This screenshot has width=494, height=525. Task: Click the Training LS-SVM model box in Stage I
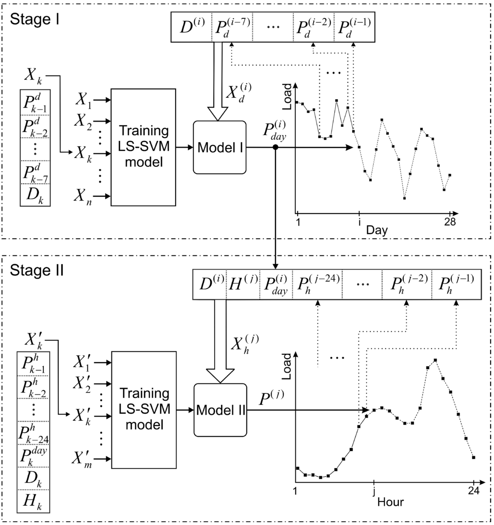click(143, 147)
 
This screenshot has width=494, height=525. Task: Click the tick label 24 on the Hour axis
click(473, 491)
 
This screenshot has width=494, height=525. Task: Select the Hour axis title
click(390, 501)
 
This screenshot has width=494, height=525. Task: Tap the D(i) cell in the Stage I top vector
click(192, 27)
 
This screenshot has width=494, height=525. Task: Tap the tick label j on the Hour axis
click(373, 491)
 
